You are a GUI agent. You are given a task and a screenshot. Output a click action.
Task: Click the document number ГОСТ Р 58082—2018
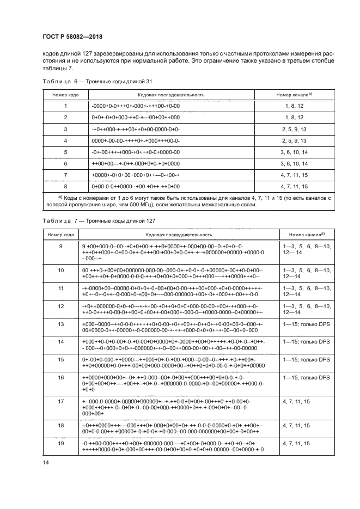72,37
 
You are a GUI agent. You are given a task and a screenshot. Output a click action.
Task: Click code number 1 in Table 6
65,106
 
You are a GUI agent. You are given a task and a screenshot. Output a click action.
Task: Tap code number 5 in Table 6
65,151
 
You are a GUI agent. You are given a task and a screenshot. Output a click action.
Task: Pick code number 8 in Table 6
65,186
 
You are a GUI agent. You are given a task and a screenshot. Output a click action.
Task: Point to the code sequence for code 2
136,117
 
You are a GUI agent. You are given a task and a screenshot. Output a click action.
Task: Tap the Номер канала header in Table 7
307,234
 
